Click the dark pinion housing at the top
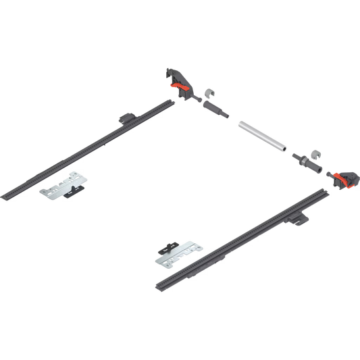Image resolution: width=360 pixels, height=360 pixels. [x=173, y=75]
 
